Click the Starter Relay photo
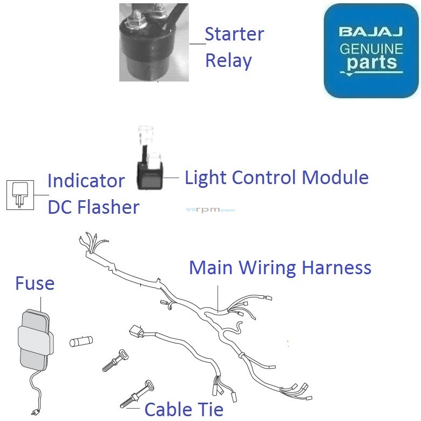click(154, 42)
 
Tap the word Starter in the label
click(234, 35)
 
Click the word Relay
click(228, 60)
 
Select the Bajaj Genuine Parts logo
click(371, 51)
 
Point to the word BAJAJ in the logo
click(371, 32)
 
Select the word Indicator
click(86, 181)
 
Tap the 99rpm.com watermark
click(210, 210)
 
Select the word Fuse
click(35, 283)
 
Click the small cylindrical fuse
click(82, 341)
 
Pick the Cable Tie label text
click(184, 409)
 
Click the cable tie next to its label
click(138, 395)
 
